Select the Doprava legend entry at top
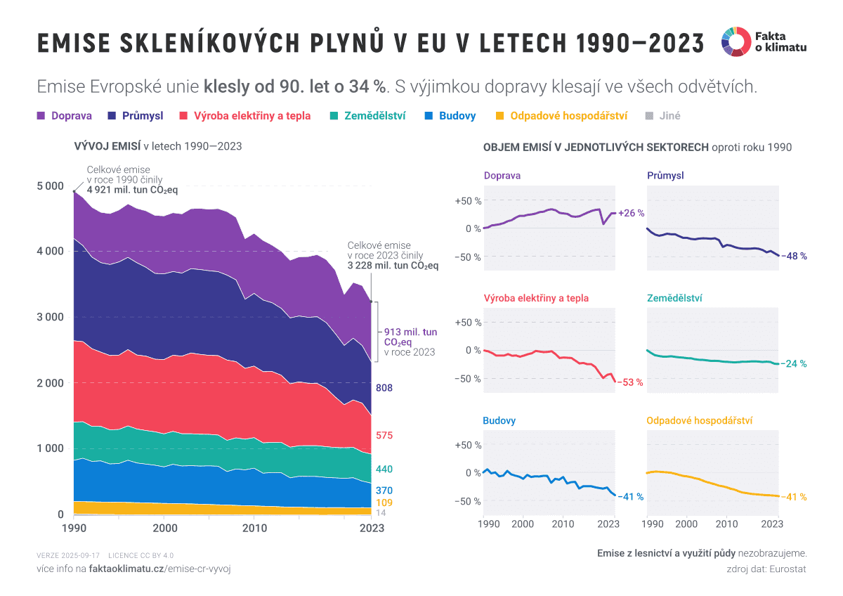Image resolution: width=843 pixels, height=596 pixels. pyautogui.click(x=65, y=116)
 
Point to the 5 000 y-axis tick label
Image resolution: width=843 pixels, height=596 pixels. pyautogui.click(x=48, y=186)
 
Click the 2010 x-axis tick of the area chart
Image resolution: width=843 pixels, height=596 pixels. pyautogui.click(x=254, y=528)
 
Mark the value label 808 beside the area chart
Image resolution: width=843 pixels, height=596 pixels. pyautogui.click(x=384, y=388)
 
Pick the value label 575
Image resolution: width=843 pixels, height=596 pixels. pyautogui.click(x=384, y=436)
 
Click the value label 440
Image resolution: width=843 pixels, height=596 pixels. pyautogui.click(x=384, y=469)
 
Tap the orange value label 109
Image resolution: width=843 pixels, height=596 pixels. pyautogui.click(x=384, y=503)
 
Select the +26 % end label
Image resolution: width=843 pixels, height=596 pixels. pyautogui.click(x=631, y=213)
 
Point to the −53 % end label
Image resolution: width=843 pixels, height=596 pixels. pyautogui.click(x=630, y=382)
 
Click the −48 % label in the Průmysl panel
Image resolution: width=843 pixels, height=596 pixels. pyautogui.click(x=794, y=256)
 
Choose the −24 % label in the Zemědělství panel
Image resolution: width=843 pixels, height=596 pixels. pyautogui.click(x=794, y=364)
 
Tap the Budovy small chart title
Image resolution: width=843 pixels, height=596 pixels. pyautogui.click(x=499, y=421)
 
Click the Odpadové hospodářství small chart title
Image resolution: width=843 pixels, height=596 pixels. pyautogui.click(x=699, y=421)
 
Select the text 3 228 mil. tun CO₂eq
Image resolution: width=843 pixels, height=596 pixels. pyautogui.click(x=393, y=266)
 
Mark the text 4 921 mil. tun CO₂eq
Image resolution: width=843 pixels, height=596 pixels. pyautogui.click(x=132, y=190)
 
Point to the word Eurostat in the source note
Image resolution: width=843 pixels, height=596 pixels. pyautogui.click(x=788, y=569)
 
